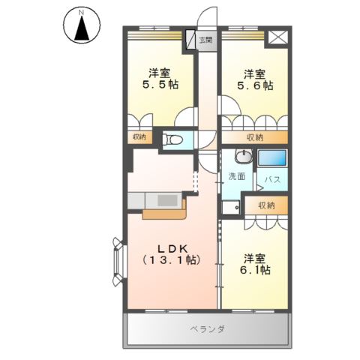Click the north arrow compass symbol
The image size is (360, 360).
pyautogui.click(x=82, y=25)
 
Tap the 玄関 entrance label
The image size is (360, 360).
pyautogui.click(x=205, y=40)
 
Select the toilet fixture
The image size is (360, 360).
pyautogui.click(x=172, y=139)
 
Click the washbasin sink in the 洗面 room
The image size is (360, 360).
pyautogui.click(x=243, y=157)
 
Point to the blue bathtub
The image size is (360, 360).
pyautogui.click(x=272, y=157)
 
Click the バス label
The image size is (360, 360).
pyautogui.click(x=272, y=179)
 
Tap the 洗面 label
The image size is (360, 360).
pyautogui.click(x=237, y=176)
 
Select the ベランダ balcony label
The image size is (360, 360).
pyautogui.click(x=207, y=328)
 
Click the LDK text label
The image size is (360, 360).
pyautogui.click(x=172, y=249)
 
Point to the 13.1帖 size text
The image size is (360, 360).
pyautogui.click(x=172, y=260)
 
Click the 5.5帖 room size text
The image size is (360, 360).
pyautogui.click(x=160, y=85)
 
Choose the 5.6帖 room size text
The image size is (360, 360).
pyautogui.click(x=255, y=85)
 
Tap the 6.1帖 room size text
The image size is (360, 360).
pyautogui.click(x=255, y=270)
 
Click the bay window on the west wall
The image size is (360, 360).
pyautogui.click(x=119, y=262)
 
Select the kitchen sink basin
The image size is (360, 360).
pyautogui.click(x=167, y=200)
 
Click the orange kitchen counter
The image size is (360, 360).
pyautogui.click(x=165, y=213)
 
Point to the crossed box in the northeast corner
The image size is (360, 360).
pyautogui.click(x=277, y=37)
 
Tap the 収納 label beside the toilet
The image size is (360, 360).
pyautogui.click(x=139, y=137)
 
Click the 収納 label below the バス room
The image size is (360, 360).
pyautogui.click(x=266, y=205)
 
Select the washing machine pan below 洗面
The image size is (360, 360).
pyautogui.click(x=231, y=208)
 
